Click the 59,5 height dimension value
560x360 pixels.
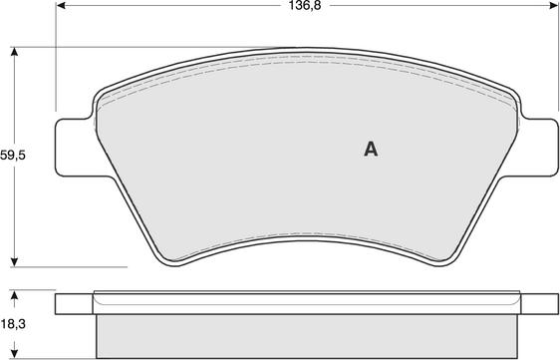(x=13, y=156)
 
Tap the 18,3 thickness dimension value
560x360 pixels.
(x=13, y=324)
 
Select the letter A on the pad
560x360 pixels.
(x=371, y=149)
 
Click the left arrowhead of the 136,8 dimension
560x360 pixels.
(x=62, y=5)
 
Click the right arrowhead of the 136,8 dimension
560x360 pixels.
(x=553, y=5)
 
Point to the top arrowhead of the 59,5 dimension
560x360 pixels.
(x=14, y=52)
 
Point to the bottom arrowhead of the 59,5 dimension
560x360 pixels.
(x=14, y=261)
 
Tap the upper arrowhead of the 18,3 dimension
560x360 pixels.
(x=14, y=295)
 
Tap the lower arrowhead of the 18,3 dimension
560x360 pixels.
(x=14, y=353)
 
